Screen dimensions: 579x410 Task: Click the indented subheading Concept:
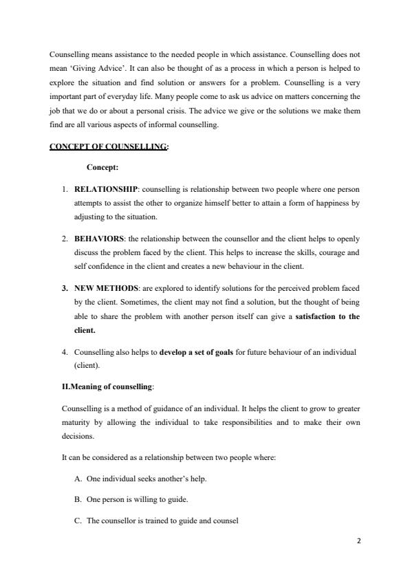coord(102,167)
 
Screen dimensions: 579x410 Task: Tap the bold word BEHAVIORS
coord(98,239)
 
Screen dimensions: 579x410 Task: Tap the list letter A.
coord(76,478)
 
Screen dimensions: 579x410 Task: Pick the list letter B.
coord(76,499)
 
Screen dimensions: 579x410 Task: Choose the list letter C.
coord(76,521)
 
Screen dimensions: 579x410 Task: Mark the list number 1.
coord(63,188)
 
